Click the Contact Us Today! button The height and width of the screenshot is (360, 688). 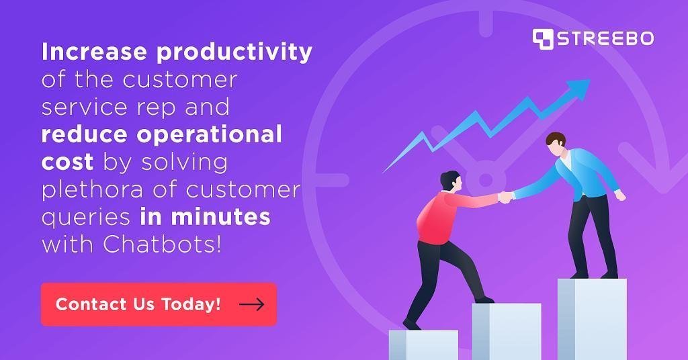click(x=159, y=304)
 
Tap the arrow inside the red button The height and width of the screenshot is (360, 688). click(x=251, y=305)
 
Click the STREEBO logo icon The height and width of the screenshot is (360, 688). click(x=542, y=38)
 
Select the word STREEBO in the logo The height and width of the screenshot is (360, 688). click(x=604, y=38)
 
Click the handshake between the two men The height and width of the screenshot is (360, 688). click(x=505, y=197)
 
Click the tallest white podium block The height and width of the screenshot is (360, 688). click(x=591, y=318)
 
